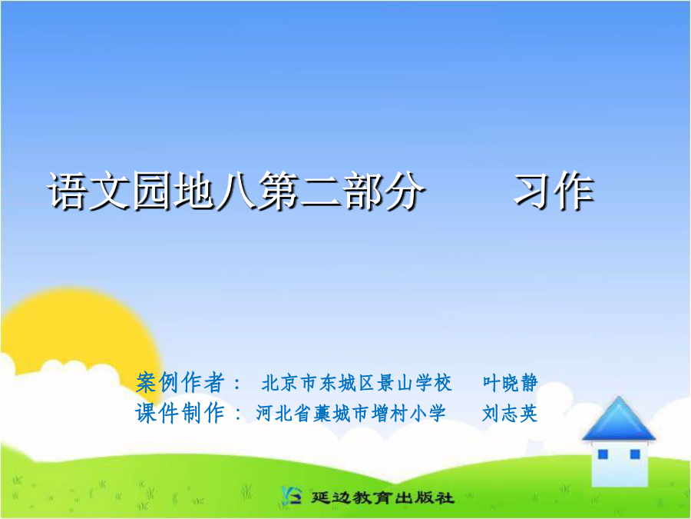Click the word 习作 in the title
tap(554, 191)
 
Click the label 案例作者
tap(180, 382)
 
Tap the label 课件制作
tap(180, 414)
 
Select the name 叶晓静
tap(511, 383)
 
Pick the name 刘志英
tap(510, 414)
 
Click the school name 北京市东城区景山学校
tap(356, 383)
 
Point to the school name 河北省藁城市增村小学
tap(351, 414)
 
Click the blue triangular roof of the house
tap(619, 419)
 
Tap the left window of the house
tap(603, 454)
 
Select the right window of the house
tap(635, 454)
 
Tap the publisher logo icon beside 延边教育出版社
tap(292, 496)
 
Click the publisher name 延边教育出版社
tap(382, 497)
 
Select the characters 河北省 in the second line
tap(283, 414)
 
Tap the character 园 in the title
tap(152, 191)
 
